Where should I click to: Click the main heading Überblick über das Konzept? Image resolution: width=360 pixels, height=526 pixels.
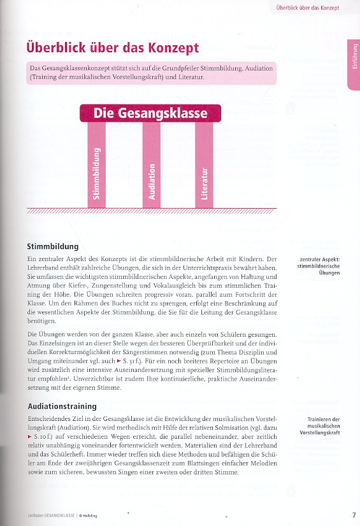click(112, 48)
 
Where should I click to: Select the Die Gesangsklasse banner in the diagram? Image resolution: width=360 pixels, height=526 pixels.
click(150, 113)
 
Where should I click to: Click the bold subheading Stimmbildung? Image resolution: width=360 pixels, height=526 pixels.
click(53, 246)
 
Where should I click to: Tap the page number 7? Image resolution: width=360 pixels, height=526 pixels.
click(354, 515)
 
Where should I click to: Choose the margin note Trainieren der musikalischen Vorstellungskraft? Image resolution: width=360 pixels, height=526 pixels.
click(322, 425)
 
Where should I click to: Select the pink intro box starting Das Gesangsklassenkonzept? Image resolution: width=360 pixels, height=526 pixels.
click(152, 73)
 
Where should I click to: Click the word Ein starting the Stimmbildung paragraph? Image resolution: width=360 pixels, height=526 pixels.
click(32, 259)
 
